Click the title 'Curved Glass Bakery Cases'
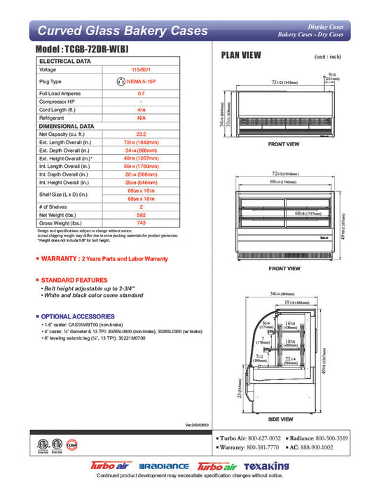pos(122,30)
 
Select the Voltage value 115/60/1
pos(141,70)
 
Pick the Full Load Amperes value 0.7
pos(141,93)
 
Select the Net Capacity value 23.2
pos(141,134)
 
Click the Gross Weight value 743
pos(141,223)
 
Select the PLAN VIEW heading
pos(242,55)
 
